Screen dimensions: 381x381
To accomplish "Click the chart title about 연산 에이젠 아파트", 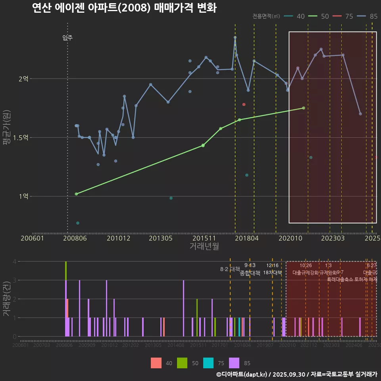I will point(124,8).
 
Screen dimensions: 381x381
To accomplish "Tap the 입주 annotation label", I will point(67,38).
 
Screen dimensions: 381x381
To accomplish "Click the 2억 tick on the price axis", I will point(23,79).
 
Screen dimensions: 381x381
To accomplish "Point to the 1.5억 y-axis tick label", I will point(21,138).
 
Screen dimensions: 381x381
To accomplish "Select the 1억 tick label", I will point(23,196).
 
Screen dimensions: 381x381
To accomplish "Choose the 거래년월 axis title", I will point(204,246).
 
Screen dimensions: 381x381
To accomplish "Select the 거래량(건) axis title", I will point(6,298).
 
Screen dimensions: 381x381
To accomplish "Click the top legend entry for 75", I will point(344,16).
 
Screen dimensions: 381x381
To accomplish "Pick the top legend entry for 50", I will point(320,16).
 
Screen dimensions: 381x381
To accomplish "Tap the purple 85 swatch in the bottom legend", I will point(235,363).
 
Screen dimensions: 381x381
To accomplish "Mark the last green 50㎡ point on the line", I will point(304,108).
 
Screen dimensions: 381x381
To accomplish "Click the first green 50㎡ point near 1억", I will point(76,194).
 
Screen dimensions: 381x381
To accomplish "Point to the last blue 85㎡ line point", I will point(360,114).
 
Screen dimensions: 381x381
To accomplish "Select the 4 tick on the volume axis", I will point(15,262).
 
